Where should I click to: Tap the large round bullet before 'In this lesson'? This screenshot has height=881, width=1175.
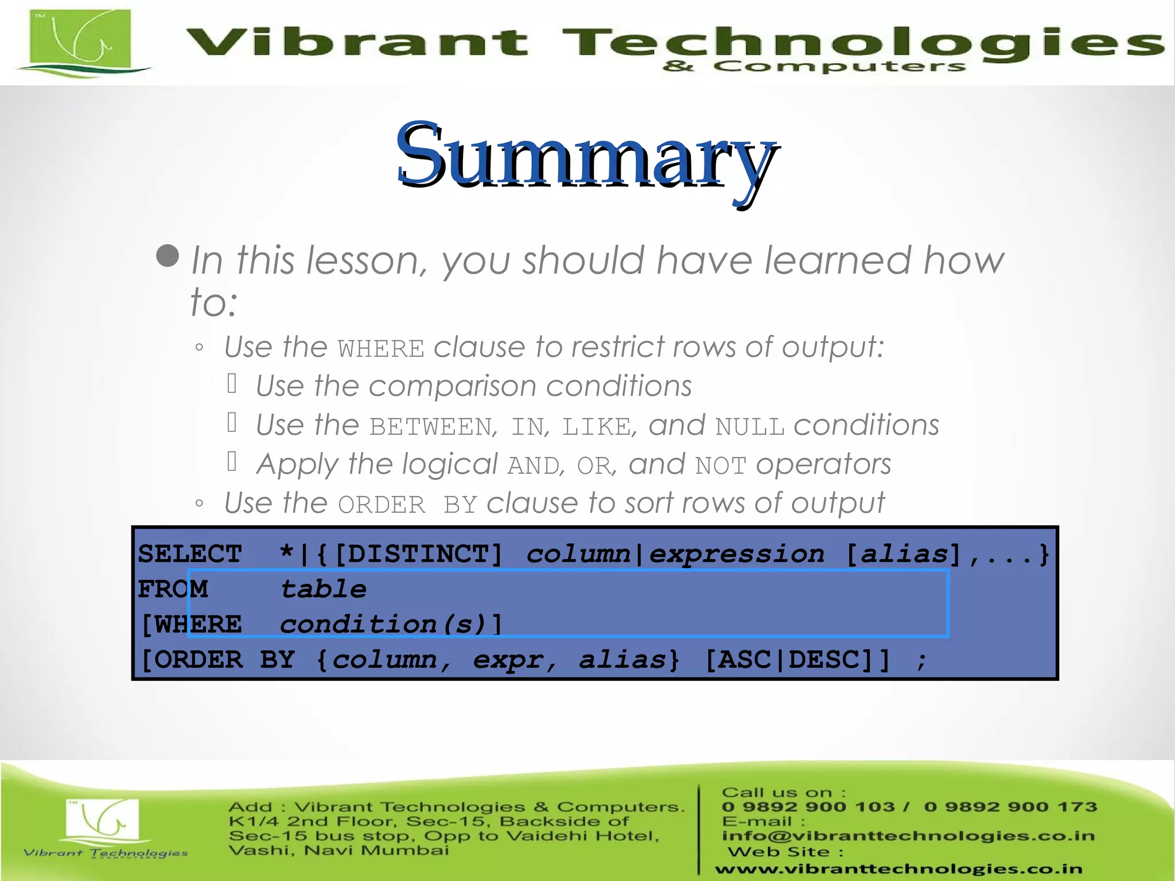click(168, 256)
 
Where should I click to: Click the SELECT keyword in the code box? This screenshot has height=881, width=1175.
click(190, 554)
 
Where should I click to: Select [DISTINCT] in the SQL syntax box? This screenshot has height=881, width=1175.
click(418, 554)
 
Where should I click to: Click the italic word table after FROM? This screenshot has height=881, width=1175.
click(323, 589)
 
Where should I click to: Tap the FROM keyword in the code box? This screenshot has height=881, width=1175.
click(173, 589)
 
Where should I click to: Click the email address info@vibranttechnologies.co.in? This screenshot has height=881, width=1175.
click(908, 836)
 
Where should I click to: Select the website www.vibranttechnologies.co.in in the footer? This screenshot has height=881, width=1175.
click(898, 869)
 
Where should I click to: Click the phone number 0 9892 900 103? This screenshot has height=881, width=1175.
click(808, 806)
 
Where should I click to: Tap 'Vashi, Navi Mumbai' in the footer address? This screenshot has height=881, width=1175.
click(339, 850)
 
